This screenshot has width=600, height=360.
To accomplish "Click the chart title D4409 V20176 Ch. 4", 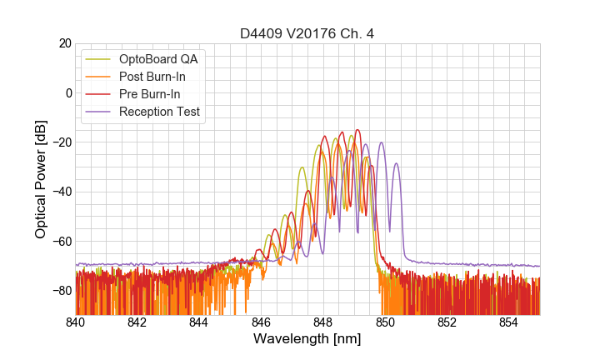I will pos(307,33).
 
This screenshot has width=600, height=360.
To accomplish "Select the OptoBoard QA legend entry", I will pos(158,59).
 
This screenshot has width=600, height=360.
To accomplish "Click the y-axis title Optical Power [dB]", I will pos(41,178).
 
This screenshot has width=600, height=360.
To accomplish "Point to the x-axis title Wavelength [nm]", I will pos(307,339).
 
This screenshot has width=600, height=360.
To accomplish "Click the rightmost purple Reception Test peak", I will pos(397,164).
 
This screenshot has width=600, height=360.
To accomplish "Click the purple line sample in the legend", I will pos(98,112).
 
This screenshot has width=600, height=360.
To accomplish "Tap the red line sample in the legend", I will pos(98,94).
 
